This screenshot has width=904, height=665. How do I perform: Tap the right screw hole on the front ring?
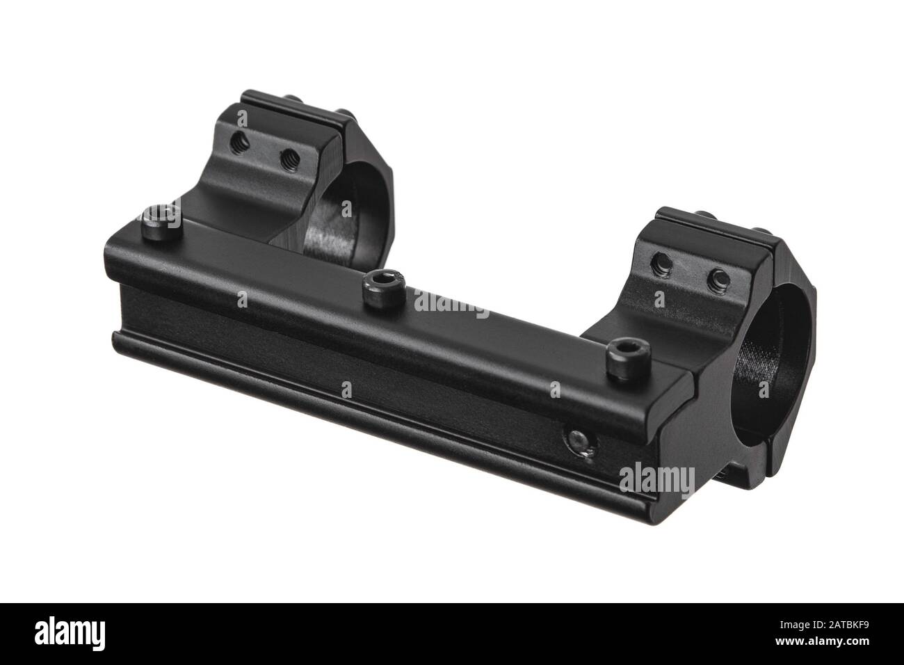coord(719,280)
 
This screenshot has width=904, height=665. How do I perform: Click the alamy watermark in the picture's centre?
coord(452,301)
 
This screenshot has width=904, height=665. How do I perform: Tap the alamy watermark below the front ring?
coord(656,478)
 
